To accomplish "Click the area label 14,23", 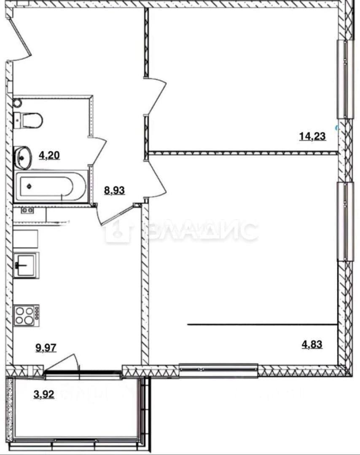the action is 312,136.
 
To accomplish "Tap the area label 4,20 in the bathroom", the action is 49,155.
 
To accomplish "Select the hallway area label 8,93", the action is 114,191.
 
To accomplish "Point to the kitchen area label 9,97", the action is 46,348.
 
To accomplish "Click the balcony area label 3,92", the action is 44,395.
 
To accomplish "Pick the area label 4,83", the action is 312,345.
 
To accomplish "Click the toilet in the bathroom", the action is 28,120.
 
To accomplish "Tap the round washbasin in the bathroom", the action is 22,158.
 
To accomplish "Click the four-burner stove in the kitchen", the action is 27,316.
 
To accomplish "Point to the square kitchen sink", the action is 26,265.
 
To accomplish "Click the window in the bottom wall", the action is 219,370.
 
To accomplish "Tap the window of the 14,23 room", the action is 346,79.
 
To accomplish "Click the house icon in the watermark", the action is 118,231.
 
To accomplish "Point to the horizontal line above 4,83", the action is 263,324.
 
